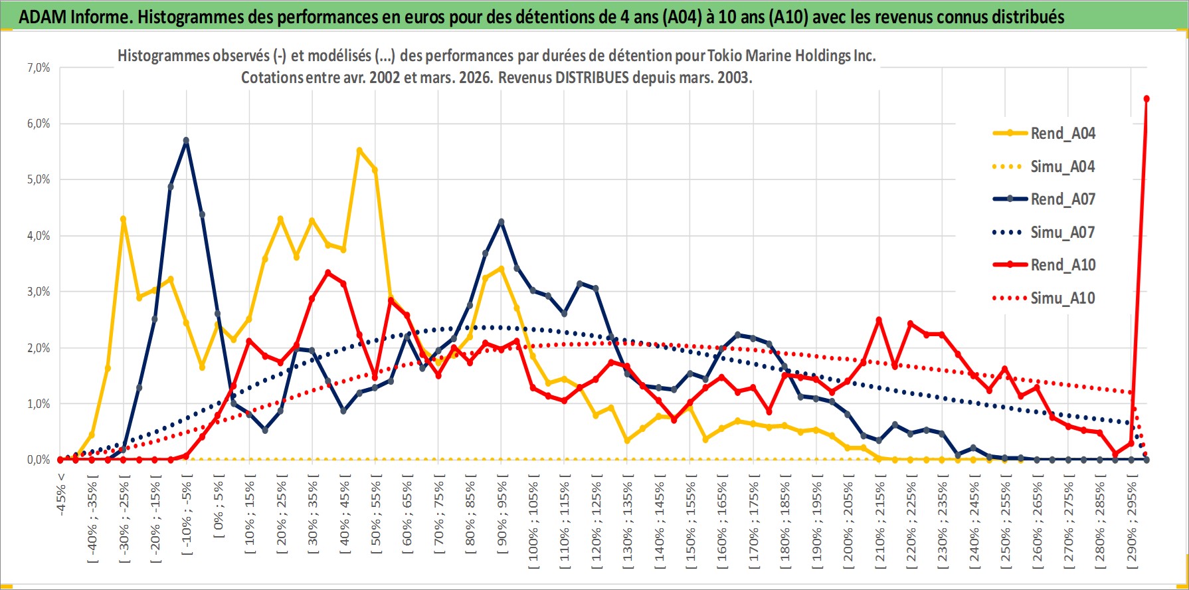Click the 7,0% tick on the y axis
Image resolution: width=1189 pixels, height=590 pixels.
39,68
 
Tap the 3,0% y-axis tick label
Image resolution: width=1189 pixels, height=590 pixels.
39,292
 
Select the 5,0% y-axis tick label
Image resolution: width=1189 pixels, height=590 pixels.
39,179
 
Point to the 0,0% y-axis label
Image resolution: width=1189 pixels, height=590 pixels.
39,460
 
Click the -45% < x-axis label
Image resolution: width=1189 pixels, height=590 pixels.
61,492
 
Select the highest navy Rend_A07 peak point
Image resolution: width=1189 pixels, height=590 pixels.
187,140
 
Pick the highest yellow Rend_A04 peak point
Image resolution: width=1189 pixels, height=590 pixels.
359,151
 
